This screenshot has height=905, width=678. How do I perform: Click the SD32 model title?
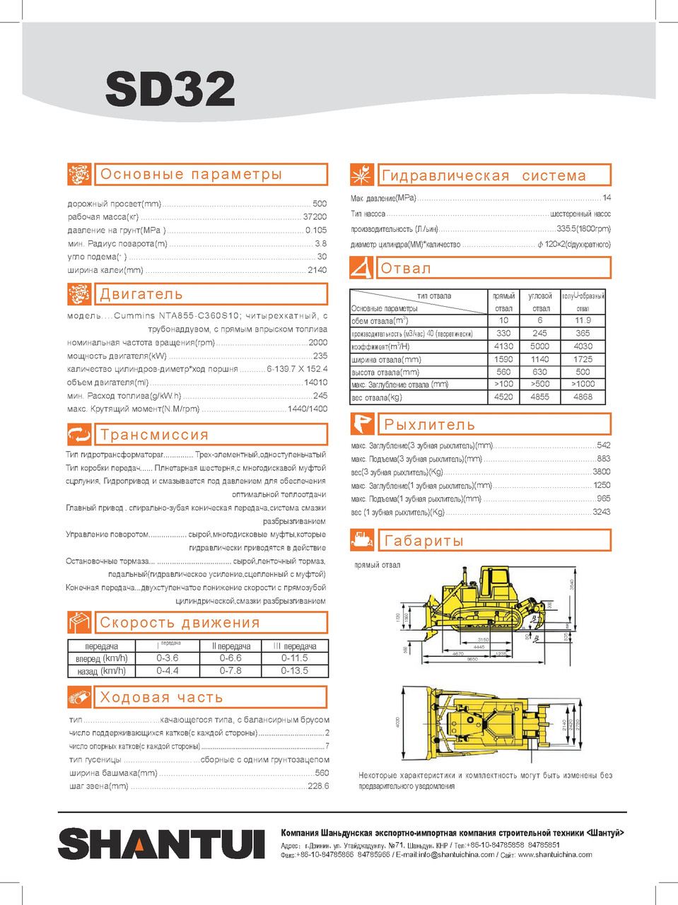[170, 88]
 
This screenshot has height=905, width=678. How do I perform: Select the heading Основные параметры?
[191, 175]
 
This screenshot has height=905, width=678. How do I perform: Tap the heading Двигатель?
[141, 294]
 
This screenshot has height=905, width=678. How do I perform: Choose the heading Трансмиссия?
[154, 434]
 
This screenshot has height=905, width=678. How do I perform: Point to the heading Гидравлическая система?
[484, 175]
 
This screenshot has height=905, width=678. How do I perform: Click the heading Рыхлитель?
[429, 424]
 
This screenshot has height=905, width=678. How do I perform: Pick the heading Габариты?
[423, 541]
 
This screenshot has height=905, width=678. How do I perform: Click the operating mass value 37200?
[315, 217]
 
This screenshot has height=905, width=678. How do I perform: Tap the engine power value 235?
[320, 356]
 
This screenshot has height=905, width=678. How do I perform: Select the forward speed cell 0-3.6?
[168, 658]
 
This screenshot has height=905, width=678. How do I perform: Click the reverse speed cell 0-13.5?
[294, 670]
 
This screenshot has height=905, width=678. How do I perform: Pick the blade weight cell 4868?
[583, 397]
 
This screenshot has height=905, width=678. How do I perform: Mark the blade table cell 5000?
[539, 346]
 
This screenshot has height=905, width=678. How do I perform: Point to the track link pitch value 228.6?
[318, 786]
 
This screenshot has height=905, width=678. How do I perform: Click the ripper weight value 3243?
[601, 512]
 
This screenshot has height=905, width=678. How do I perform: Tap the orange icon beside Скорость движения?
[79, 622]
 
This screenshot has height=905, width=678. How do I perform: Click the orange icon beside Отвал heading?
[362, 268]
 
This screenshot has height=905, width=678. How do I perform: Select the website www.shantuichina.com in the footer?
[555, 854]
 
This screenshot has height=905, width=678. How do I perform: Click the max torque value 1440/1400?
[307, 409]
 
